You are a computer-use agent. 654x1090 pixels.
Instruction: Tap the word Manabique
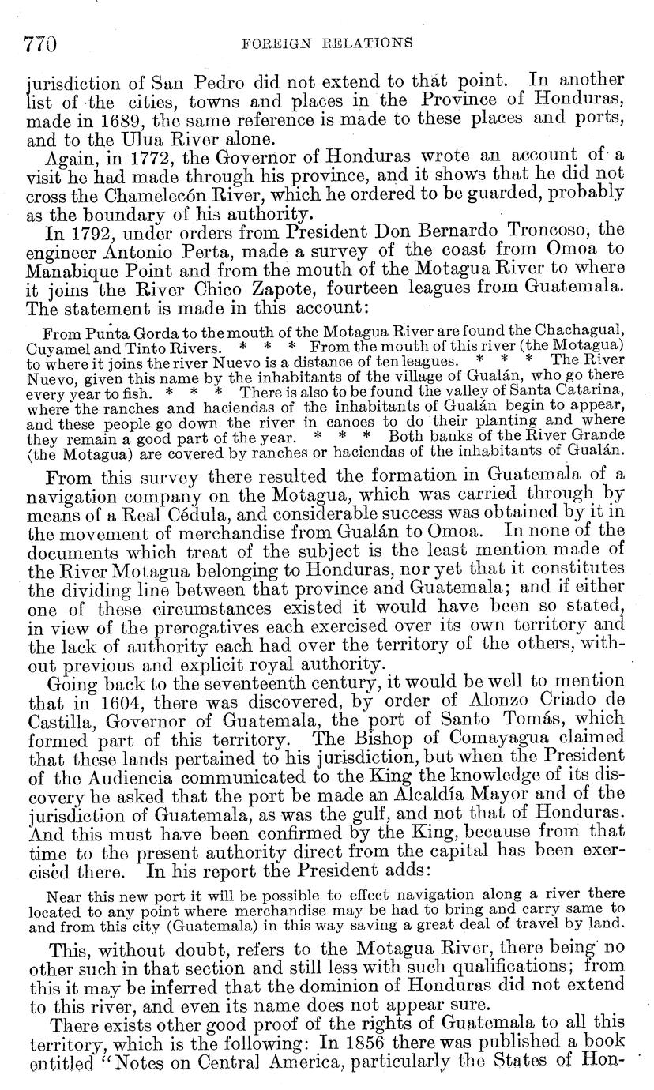pos(85,269)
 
